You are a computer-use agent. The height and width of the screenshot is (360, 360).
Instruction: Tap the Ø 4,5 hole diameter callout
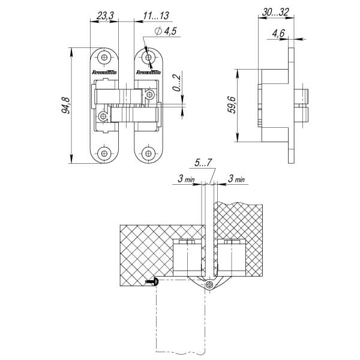point(164,32)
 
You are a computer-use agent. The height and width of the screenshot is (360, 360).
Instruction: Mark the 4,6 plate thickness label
point(278,34)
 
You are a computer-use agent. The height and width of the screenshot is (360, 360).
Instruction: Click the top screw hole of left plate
point(105,58)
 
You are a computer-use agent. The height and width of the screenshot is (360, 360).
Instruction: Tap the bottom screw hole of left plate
point(105,154)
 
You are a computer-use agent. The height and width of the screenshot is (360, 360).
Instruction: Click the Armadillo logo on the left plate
point(105,72)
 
